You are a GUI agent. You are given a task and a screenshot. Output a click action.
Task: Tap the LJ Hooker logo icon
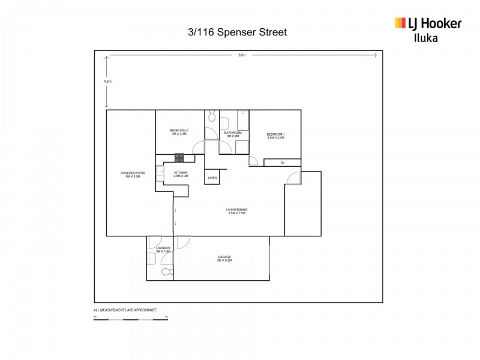pos(400,23)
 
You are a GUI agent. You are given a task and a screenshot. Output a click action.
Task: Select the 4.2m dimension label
pos(106,81)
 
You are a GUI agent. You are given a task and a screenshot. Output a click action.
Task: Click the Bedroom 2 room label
pos(179,133)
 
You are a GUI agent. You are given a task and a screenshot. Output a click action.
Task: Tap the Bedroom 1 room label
pos(275,136)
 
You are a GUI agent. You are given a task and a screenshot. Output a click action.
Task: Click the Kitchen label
pos(181,174)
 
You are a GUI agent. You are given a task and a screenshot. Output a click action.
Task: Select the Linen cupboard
pos(212,178)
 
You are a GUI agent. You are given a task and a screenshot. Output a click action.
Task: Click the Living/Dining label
pos(237,211)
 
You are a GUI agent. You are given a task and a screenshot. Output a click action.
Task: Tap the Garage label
pos(225,259)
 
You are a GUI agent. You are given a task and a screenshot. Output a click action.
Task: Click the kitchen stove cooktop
pos(179,158)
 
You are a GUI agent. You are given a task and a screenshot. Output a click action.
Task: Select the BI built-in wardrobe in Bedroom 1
pos(283,162)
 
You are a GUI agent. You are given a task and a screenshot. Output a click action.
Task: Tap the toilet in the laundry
pos(166,272)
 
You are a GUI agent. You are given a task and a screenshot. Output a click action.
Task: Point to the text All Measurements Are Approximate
pos(125,310)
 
